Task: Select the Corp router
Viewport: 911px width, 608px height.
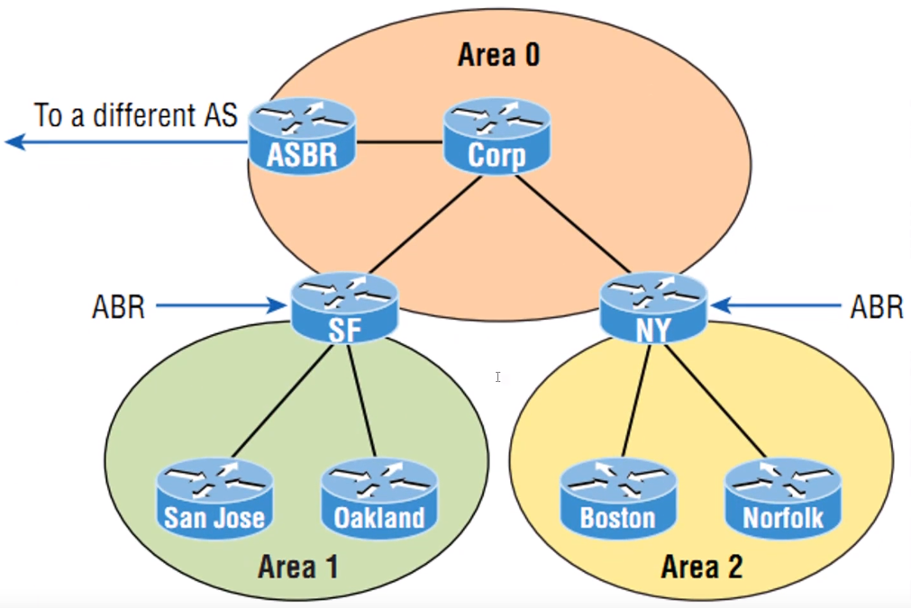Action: point(496,137)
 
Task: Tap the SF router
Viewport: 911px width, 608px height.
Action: point(344,308)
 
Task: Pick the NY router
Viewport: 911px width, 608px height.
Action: point(654,308)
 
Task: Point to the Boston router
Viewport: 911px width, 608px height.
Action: point(617,497)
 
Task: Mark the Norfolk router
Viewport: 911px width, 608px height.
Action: point(782,497)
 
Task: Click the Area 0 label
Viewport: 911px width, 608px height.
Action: point(498,56)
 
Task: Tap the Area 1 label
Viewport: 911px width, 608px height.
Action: point(298,567)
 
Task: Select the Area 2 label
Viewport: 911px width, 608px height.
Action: point(702,567)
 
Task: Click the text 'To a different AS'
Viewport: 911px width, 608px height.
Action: point(136,115)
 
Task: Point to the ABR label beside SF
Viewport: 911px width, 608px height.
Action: point(118,307)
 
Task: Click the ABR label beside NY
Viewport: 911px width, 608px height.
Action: point(876,307)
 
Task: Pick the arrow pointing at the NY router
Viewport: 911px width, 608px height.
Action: point(775,307)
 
